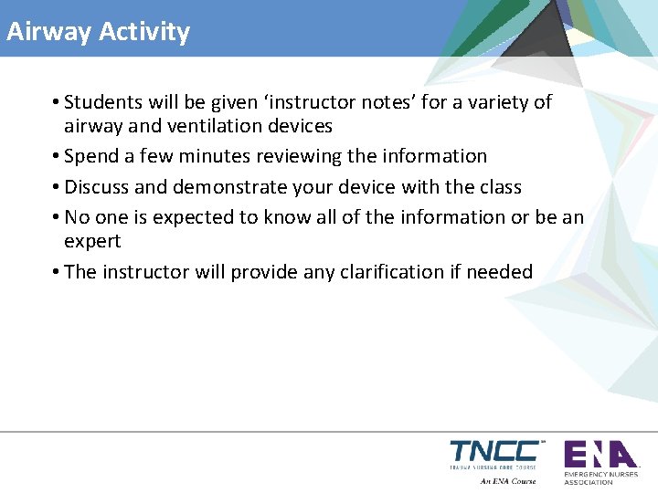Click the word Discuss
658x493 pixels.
click(97, 187)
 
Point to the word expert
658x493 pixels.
click(91, 242)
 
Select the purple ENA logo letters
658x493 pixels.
click(599, 454)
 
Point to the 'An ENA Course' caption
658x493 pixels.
click(508, 481)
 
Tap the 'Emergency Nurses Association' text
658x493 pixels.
click(600, 478)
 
